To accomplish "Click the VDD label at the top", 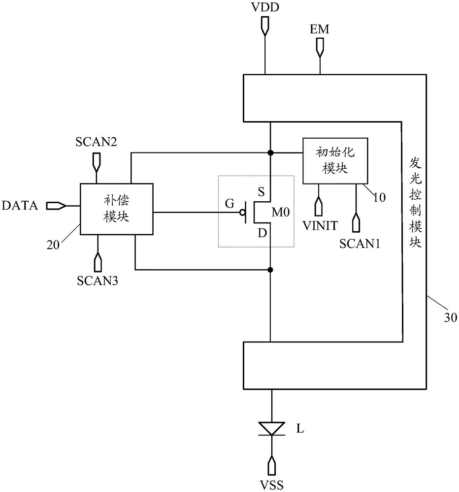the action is click(265, 7).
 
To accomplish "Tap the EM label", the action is click(320, 29).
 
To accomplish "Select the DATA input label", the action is click(20, 206).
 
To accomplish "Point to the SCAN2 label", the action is click(96, 142).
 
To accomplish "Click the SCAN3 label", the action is click(98, 280).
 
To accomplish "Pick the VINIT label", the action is click(320, 226).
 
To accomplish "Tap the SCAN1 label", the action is click(360, 244).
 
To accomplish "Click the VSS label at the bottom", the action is click(272, 485).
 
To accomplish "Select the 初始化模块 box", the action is click(335, 161).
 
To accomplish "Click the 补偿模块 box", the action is click(117, 209).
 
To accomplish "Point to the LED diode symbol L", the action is click(272, 429).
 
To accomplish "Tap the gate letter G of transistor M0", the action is click(229, 204).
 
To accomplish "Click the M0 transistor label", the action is click(281, 213).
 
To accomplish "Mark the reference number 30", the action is click(450, 317).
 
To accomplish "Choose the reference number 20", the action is click(53, 245).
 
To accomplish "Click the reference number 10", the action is click(379, 197).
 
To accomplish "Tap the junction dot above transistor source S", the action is click(270, 153).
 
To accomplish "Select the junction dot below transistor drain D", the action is click(270, 270).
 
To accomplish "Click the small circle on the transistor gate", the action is click(242, 213).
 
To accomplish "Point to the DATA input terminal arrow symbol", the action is click(56, 206).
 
